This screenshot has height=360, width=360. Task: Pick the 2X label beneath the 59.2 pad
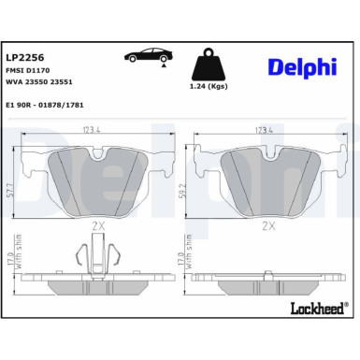coord(269,225)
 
